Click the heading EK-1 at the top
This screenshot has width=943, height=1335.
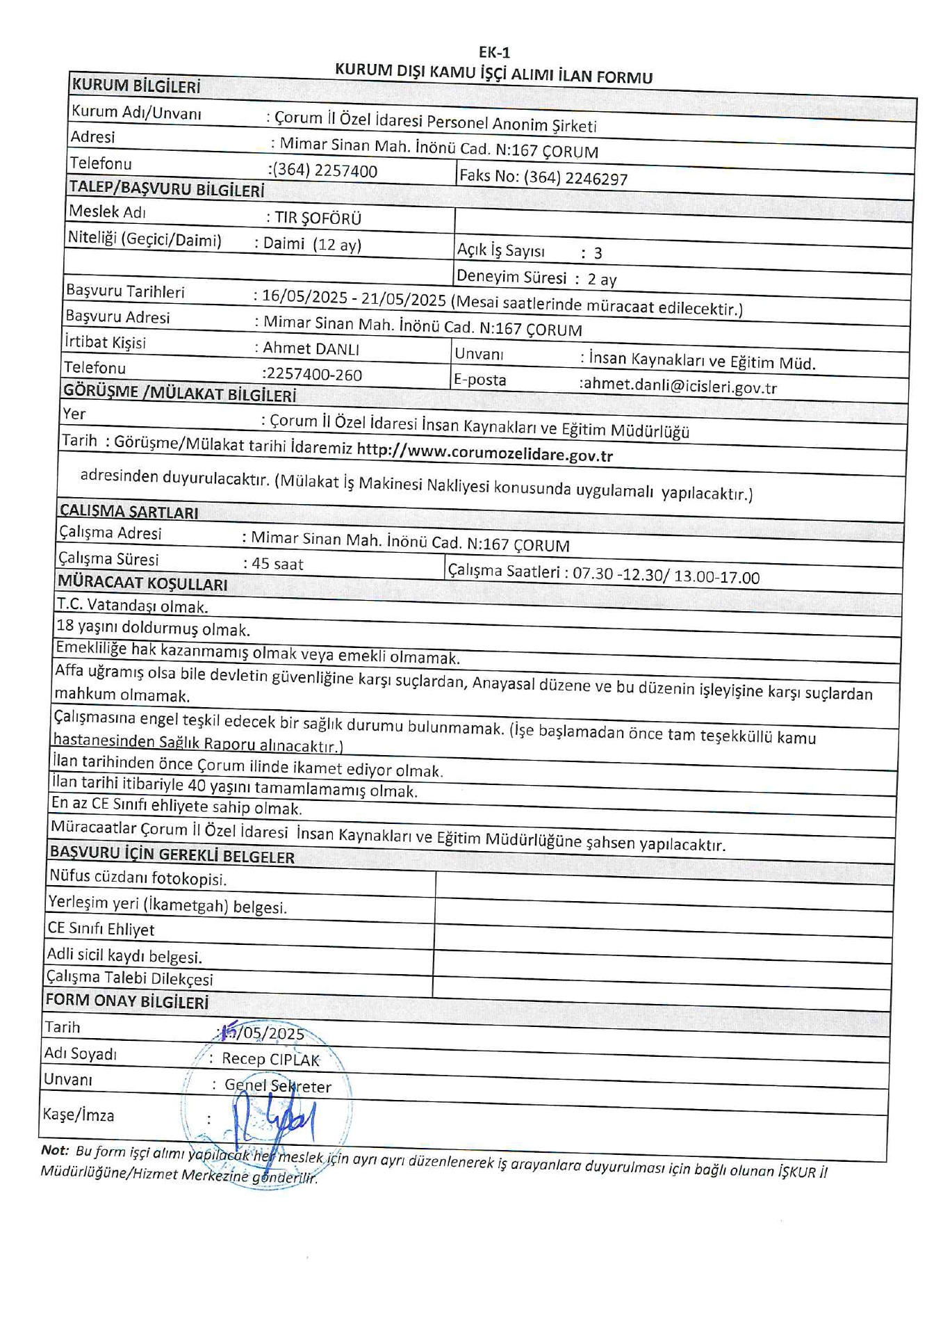coord(494,52)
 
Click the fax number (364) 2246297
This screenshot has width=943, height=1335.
coord(575,178)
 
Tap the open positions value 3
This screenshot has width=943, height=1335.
coord(598,254)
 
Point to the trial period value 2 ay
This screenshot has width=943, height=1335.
coord(602,280)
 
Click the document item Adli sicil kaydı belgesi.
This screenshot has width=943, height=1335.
coord(124,956)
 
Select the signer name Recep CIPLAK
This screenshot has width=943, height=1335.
coord(270,1059)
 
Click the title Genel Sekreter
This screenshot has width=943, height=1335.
coord(277,1085)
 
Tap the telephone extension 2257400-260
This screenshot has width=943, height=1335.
coord(313,375)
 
